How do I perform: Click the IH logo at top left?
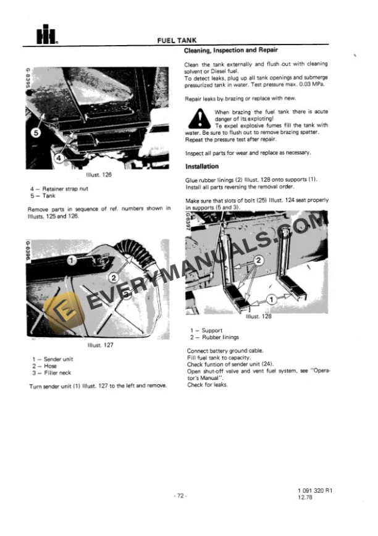43,36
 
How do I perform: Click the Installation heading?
202,167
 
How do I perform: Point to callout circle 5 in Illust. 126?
36,132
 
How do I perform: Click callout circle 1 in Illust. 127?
72,260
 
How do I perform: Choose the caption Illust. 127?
101,345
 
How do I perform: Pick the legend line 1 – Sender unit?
52,359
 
